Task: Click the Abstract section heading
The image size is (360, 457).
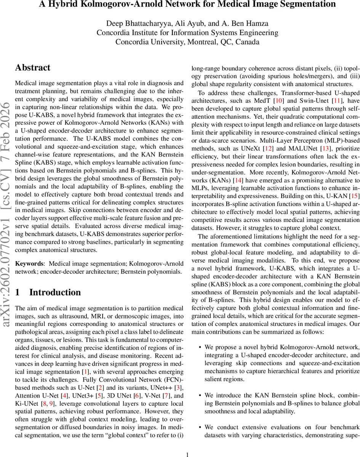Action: click(33, 68)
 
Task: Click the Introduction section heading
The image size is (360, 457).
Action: click(55, 292)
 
